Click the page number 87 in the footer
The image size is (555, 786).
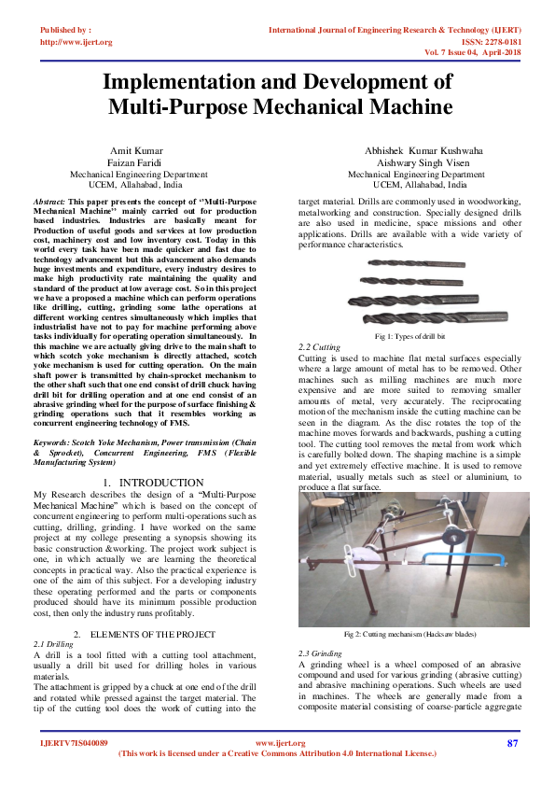point(512,743)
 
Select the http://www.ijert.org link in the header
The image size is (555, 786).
point(76,42)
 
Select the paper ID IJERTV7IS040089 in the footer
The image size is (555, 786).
point(74,743)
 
